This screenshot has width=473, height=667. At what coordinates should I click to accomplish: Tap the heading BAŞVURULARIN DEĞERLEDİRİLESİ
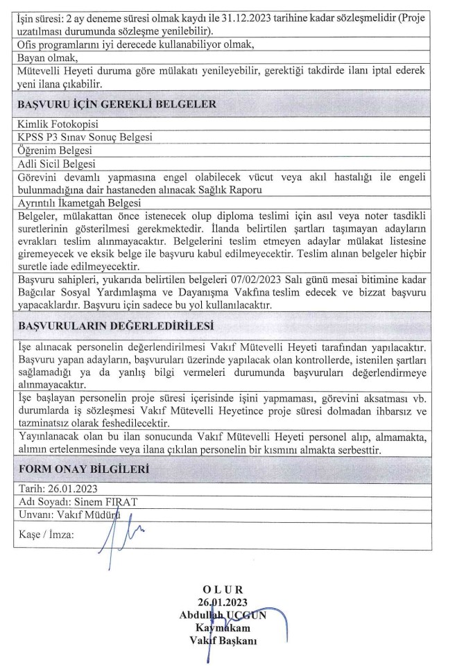[116, 324]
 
